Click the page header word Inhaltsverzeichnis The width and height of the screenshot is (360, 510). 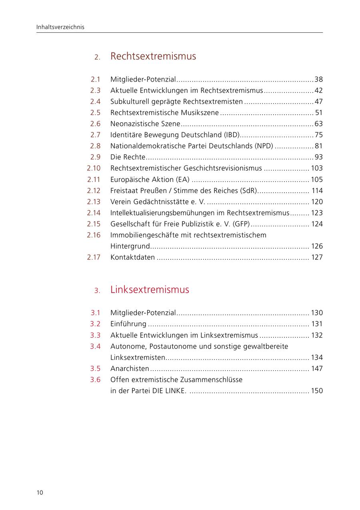click(60, 27)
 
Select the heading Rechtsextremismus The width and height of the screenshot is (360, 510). click(153, 56)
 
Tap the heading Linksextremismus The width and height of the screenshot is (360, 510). click(150, 290)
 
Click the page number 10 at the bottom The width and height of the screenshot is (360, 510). click(40, 492)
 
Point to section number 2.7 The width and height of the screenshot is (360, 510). click(95, 135)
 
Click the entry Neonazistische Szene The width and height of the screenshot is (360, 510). click(145, 124)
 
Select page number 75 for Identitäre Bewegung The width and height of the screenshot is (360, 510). click(318, 135)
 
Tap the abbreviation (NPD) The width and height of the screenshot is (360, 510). click(264, 146)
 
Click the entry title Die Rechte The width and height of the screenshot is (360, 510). click(128, 157)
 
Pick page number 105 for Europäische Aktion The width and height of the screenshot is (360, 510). click(316, 179)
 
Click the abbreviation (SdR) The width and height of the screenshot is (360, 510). click(248, 191)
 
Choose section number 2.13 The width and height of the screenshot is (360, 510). click(94, 202)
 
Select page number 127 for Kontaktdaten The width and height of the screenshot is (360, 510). click(316, 257)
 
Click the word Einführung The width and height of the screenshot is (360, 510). click(128, 324)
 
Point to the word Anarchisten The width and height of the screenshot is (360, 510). click(130, 369)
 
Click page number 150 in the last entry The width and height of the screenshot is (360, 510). click(316, 391)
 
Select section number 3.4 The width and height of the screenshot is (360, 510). click(95, 346)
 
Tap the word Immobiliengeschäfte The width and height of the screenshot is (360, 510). click(144, 235)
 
